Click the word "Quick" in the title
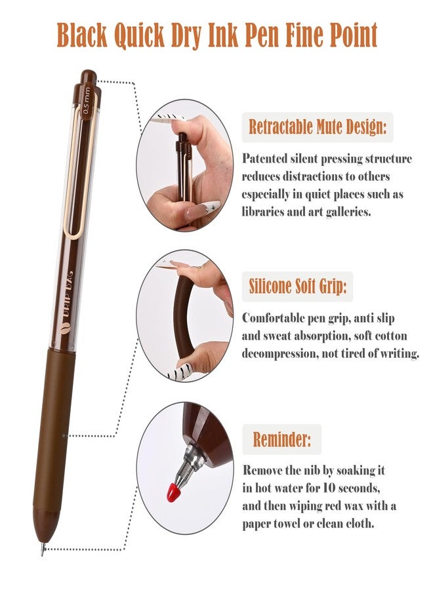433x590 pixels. [139, 35]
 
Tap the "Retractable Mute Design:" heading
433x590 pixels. [318, 127]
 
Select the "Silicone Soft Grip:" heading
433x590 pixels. [297, 286]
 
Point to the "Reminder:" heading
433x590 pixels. [282, 439]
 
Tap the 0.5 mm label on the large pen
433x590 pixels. [87, 100]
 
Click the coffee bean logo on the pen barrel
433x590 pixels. [65, 327]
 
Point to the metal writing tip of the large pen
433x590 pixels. [43, 549]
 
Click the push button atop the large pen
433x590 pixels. [89, 77]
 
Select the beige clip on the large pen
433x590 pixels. [81, 166]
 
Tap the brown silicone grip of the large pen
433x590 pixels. [54, 429]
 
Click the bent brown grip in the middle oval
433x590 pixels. [183, 317]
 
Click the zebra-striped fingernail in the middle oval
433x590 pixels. [185, 370]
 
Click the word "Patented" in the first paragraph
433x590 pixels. [264, 159]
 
